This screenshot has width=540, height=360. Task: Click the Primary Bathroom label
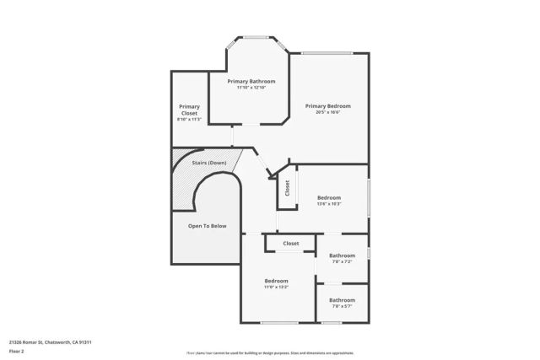tap(251, 81)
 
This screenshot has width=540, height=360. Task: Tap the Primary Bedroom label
tap(327, 105)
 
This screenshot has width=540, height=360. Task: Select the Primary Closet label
tap(189, 110)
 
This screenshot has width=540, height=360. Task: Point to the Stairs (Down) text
tap(202, 162)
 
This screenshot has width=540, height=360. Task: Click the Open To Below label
tap(207, 226)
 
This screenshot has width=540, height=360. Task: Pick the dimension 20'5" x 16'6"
tap(327, 112)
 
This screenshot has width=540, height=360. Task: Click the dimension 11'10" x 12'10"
tap(251, 88)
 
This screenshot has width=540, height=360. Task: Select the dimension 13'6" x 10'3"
tap(328, 204)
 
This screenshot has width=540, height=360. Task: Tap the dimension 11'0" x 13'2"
tap(276, 287)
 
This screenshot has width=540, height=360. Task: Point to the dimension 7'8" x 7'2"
tap(342, 262)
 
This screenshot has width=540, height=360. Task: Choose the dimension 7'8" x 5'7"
tap(342, 307)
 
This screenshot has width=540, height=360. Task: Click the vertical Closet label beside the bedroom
tap(287, 189)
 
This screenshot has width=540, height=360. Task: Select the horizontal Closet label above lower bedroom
tap(290, 244)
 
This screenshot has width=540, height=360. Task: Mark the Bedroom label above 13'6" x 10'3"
tap(328, 197)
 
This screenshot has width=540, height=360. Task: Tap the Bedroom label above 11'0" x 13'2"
tap(276, 281)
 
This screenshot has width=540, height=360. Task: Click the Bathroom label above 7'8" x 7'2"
tap(342, 255)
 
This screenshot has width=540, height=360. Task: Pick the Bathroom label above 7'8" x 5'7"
tap(342, 300)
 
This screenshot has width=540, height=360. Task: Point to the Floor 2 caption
tap(16, 352)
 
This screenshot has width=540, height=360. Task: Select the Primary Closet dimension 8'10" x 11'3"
tap(189, 120)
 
